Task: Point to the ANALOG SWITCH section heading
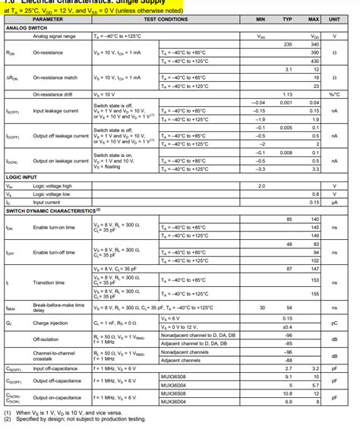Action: point(26,27)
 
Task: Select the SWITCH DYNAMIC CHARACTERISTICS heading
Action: point(53,210)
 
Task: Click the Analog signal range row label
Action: point(54,36)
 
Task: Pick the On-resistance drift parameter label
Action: point(53,95)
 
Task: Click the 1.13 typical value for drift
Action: point(288,95)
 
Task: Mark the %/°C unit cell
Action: point(335,95)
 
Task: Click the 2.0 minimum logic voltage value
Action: point(262,186)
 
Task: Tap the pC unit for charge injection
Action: point(335,322)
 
